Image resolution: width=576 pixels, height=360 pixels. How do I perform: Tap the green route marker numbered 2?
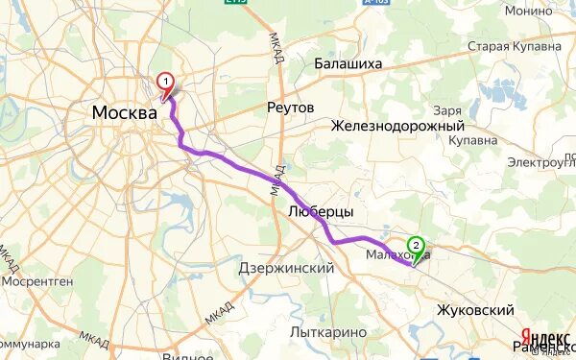click(x=415, y=245)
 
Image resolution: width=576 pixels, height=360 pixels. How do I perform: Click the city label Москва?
click(x=124, y=113)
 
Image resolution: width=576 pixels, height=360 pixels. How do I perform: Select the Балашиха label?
click(x=348, y=63)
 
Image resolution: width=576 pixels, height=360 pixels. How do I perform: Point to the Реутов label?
click(x=290, y=108)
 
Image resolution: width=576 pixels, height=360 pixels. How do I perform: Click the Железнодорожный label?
click(x=397, y=126)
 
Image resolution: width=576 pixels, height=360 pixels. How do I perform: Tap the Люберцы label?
click(x=321, y=211)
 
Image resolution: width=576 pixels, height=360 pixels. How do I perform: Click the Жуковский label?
click(x=475, y=310)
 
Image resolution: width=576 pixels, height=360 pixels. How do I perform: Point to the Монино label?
click(x=527, y=11)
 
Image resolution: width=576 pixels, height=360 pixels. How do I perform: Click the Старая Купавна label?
click(x=514, y=46)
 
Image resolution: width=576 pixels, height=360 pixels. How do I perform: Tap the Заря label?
click(x=448, y=109)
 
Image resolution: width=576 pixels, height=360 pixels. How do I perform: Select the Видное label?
click(x=188, y=354)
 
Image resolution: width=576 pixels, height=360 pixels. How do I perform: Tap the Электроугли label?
click(x=543, y=161)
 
